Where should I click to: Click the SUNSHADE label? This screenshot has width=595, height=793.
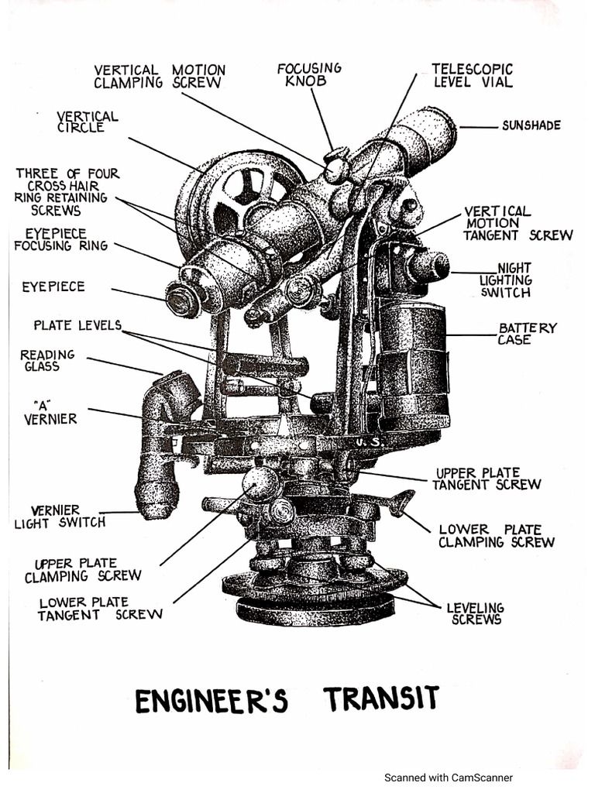point(531,125)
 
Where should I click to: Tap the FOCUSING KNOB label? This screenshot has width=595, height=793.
point(309,74)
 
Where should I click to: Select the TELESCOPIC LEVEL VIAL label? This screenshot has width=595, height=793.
point(473,75)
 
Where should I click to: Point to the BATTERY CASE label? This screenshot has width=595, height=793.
point(527,334)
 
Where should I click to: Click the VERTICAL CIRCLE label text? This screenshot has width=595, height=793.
point(87,122)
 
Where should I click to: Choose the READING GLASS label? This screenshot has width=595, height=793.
point(47,360)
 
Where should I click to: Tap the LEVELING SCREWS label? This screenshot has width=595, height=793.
point(475,613)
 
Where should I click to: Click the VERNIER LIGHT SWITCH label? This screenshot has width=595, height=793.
point(59,517)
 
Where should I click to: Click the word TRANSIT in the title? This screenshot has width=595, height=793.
point(382,699)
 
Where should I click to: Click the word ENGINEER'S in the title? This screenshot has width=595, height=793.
point(212,700)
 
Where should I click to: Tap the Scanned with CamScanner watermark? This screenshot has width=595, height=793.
point(449,778)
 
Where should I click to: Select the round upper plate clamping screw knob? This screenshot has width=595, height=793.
point(260,483)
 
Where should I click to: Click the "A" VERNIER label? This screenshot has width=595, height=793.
point(50,412)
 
